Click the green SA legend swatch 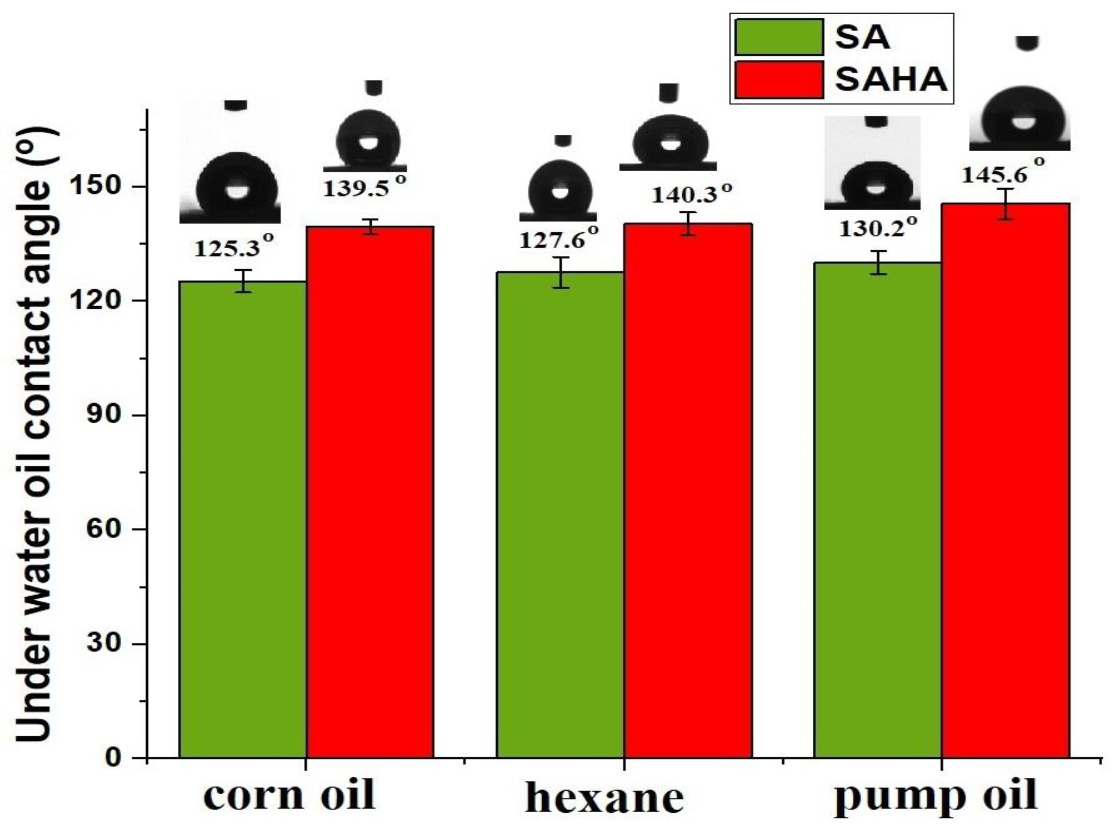point(779,36)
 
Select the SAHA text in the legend point(891,79)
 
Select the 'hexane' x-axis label point(605,797)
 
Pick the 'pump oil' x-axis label point(935,796)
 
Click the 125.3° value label point(234,247)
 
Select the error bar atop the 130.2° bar point(878,262)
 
